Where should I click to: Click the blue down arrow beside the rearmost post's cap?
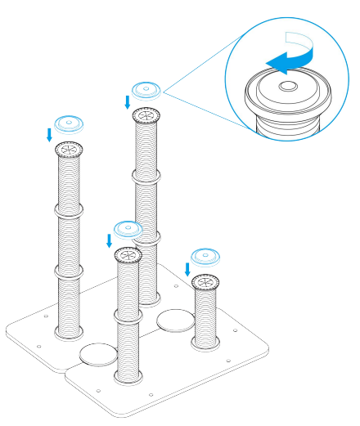[127, 101]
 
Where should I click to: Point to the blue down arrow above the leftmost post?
[50, 134]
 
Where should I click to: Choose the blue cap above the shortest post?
[205, 256]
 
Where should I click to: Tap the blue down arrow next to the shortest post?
[187, 268]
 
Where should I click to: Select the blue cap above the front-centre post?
[128, 228]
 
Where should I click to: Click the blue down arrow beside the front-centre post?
[110, 240]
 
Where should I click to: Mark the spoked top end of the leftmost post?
[69, 150]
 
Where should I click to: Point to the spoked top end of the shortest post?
[205, 283]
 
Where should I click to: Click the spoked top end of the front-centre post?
[128, 254]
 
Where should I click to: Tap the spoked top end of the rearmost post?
[146, 114]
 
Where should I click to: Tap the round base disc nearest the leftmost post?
[98, 354]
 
